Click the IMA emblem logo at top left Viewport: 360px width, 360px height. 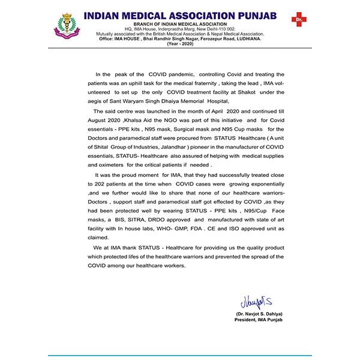[x=68, y=26]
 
